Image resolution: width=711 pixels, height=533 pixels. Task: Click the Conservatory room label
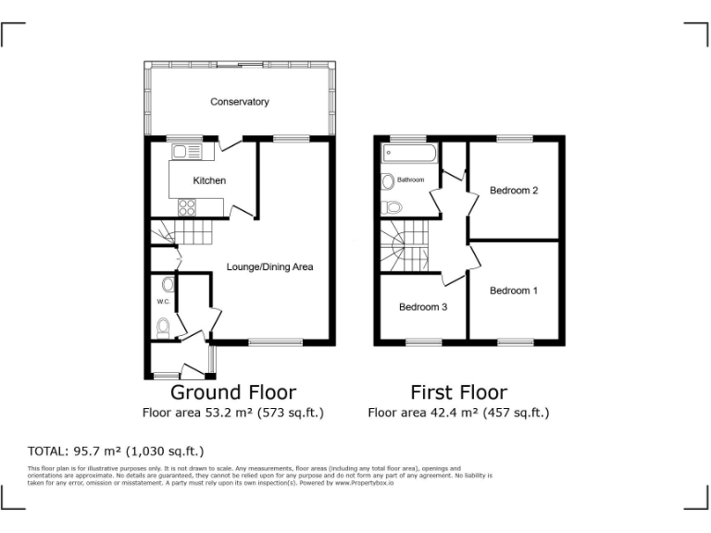tap(240, 102)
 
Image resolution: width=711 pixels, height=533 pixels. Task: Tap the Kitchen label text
tap(209, 180)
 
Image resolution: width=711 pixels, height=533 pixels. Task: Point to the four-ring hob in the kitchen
tap(187, 207)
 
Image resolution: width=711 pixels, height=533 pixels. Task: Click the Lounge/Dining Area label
tap(269, 267)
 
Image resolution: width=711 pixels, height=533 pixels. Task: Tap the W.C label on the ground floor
tap(162, 302)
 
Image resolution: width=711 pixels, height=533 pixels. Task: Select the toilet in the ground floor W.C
tap(163, 327)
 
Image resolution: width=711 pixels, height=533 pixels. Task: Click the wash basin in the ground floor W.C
tap(168, 284)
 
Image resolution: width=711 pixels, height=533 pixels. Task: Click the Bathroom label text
tap(411, 180)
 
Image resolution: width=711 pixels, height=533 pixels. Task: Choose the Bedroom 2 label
tap(514, 191)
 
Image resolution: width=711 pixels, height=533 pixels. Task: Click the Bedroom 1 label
tap(514, 291)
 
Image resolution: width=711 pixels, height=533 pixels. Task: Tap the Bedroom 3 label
tap(423, 307)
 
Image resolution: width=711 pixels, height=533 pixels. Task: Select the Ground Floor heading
tap(233, 392)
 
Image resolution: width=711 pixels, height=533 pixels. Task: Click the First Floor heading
tap(459, 392)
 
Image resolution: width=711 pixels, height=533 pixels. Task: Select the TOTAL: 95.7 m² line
tap(116, 452)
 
